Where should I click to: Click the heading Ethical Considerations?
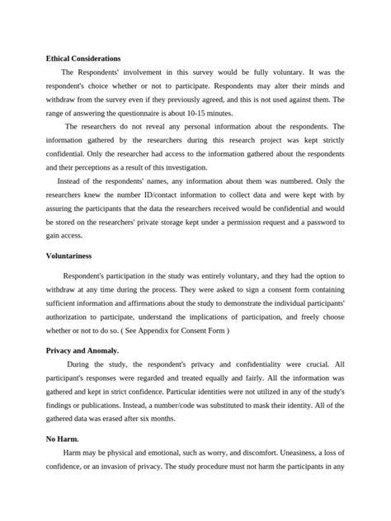tap(83, 59)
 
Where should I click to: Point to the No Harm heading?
tap(63, 439)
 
